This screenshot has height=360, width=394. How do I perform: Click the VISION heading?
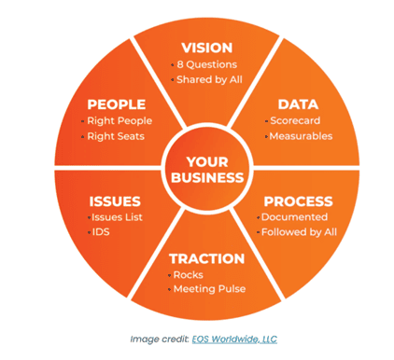[207, 48]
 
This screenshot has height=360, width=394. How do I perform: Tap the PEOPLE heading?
[117, 104]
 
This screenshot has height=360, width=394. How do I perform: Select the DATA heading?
[298, 104]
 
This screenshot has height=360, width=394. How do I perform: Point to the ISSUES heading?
[115, 201]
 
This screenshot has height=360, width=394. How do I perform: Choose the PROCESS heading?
[298, 201]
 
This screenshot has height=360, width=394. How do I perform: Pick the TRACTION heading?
[207, 258]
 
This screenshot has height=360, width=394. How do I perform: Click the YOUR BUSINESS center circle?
[207, 170]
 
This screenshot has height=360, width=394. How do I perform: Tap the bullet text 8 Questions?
[207, 64]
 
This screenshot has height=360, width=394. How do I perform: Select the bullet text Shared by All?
[209, 79]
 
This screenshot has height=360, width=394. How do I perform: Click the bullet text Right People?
[120, 121]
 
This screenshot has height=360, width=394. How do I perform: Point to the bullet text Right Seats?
[116, 136]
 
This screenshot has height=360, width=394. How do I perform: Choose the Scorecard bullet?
[295, 120]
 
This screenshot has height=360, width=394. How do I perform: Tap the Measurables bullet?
[301, 136]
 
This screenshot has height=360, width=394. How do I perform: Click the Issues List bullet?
[117, 217]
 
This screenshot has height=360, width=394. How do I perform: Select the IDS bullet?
[101, 232]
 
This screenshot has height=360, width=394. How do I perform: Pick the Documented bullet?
[294, 217]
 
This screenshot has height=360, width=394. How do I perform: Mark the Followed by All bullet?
[299, 232]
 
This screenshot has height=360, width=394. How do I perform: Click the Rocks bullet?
[189, 275]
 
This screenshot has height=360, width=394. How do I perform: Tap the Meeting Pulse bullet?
[210, 289]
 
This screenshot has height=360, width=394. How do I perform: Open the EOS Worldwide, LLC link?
[234, 339]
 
